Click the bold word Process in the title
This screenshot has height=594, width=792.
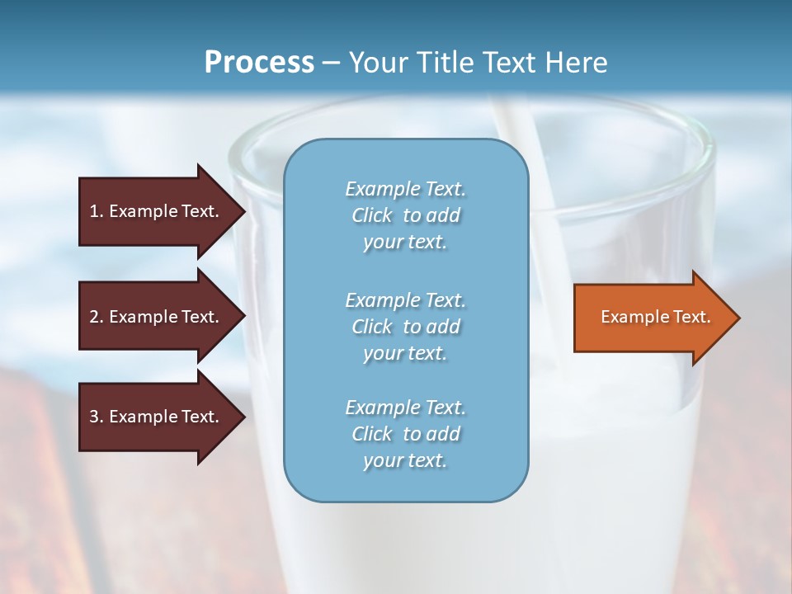pos(259,63)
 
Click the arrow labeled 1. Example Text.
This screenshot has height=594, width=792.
pos(157,211)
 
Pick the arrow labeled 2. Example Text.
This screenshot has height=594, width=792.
pos(157,317)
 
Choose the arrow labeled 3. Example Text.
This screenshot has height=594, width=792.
pos(157,417)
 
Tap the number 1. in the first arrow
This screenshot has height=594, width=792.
pos(97,211)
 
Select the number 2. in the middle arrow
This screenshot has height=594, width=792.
pos(97,317)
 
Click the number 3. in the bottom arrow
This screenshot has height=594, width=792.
pos(97,417)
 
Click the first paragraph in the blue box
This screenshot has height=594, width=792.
pos(405,215)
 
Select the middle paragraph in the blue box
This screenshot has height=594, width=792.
pos(405,327)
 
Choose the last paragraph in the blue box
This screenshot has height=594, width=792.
pos(405,434)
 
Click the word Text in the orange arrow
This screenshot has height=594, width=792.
pos(692,317)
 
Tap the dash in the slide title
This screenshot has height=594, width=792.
pos(331,63)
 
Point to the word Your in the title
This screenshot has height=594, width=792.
pos(376,63)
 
